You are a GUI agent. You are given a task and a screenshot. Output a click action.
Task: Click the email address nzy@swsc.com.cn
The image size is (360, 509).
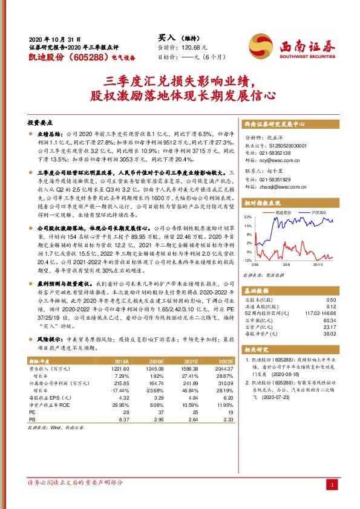275,162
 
